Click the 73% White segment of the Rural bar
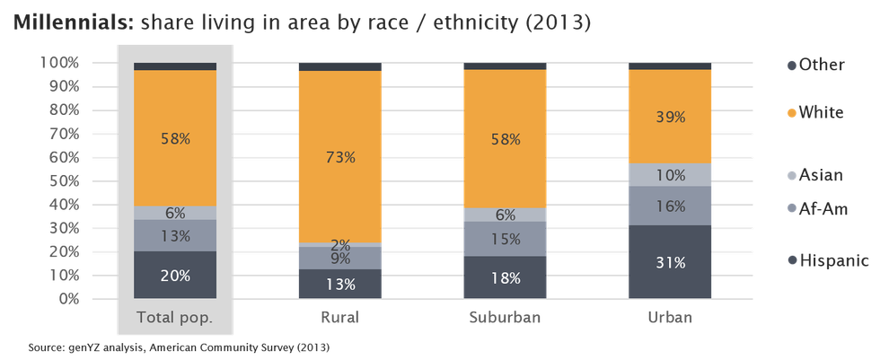click(x=339, y=156)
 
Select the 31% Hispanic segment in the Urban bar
click(x=670, y=262)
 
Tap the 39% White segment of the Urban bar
click(x=670, y=117)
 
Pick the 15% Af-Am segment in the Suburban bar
click(x=505, y=239)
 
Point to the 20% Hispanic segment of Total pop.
click(x=174, y=275)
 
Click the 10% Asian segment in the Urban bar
click(x=670, y=174)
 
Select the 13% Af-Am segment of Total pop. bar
click(x=174, y=235)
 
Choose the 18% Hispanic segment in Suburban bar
click(x=505, y=277)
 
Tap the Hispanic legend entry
click(x=826, y=260)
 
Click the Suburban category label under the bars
click(x=504, y=318)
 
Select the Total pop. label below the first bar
click(x=174, y=318)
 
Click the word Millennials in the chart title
click(x=70, y=23)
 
